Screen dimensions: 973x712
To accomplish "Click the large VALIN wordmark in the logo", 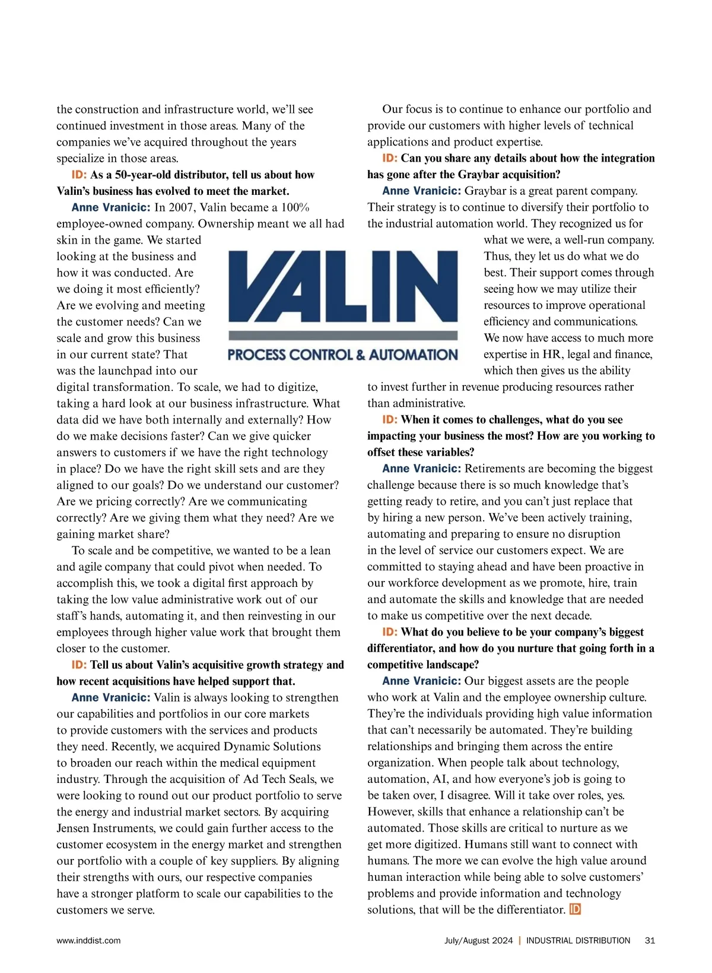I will click(343, 287).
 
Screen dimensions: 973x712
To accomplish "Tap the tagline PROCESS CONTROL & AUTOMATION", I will click(343, 355).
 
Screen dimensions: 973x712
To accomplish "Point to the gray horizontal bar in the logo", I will click(343, 336).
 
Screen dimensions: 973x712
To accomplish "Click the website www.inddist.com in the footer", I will click(88, 940).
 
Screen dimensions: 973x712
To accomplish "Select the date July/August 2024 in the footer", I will click(478, 940).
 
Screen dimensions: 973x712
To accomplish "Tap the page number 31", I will click(650, 940).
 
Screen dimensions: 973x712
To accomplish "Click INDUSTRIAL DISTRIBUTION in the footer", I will click(578, 940).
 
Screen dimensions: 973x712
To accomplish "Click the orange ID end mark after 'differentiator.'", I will click(574, 909).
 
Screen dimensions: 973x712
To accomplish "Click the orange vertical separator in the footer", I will click(520, 940).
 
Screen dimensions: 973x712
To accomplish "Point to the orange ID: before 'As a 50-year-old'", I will click(79, 175).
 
